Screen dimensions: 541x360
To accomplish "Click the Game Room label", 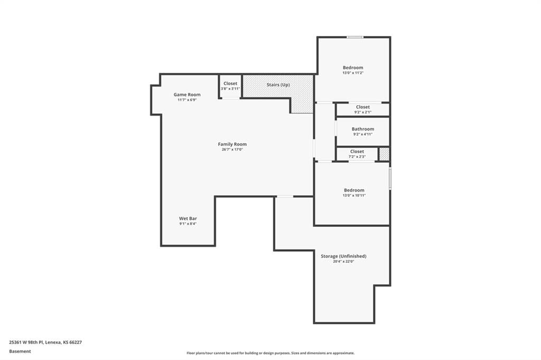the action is tap(187, 94).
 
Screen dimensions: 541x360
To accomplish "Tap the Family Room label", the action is tap(232, 144).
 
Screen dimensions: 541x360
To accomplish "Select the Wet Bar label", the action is tap(188, 219).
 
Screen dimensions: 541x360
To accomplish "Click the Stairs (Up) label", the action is tap(278, 85).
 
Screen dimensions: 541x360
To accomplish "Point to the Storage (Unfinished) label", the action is tap(343, 256).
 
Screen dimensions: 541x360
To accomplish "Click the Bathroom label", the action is tap(363, 129).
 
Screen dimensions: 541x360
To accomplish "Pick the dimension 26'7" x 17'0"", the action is tap(232, 150).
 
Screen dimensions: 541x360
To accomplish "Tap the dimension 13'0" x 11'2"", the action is tap(353, 73).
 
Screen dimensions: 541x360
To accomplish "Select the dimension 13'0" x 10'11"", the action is tap(354, 195).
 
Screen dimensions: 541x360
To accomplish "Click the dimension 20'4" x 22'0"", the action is tap(343, 262).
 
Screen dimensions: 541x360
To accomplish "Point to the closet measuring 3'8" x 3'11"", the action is tap(230, 86).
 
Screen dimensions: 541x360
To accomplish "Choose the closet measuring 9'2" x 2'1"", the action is tap(363, 109).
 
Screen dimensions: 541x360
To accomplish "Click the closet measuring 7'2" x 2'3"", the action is tap(357, 154).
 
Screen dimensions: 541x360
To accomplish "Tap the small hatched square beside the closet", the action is tap(384, 154).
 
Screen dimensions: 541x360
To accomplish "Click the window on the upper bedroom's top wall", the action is tap(355, 37).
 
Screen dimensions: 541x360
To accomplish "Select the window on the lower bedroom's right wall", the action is tap(390, 178).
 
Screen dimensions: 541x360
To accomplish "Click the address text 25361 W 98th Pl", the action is tap(26, 343).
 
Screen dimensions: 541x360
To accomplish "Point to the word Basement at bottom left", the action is tap(20, 352).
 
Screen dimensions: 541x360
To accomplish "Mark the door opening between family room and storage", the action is tap(285, 196).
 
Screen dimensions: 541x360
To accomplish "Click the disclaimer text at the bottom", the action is tap(270, 353).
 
